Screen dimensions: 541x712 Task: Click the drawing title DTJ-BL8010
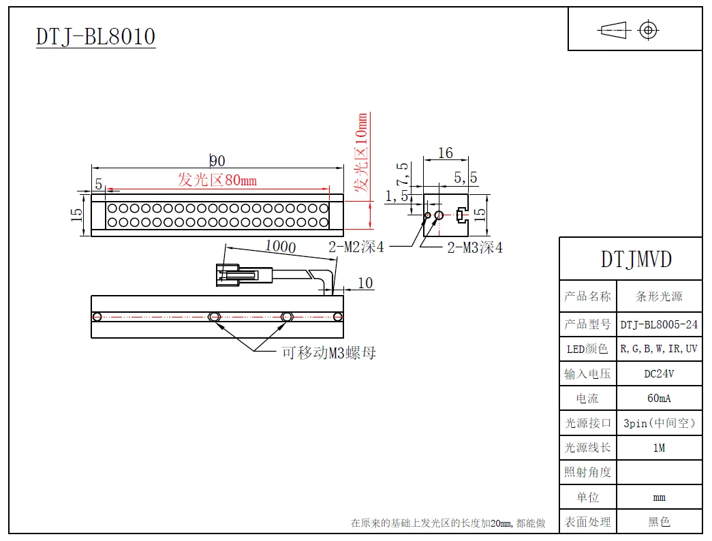[x=96, y=36]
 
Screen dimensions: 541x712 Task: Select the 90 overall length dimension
[x=217, y=161]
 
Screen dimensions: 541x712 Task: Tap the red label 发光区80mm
[x=217, y=181]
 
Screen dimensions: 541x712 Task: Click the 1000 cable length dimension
[x=280, y=246]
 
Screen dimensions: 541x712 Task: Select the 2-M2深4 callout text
[x=356, y=247]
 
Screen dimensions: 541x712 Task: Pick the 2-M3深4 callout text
[x=475, y=248]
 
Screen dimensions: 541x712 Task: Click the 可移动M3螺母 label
[x=329, y=353]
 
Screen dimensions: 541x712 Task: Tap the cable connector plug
[x=238, y=275]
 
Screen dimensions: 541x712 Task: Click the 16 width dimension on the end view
[x=445, y=153]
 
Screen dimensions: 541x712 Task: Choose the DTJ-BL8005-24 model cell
[x=659, y=324]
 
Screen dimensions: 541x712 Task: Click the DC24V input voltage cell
[x=659, y=373]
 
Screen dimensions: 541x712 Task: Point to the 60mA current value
[x=659, y=398]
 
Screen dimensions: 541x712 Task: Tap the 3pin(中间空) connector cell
[x=659, y=423]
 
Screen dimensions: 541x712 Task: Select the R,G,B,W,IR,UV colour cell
[x=659, y=349]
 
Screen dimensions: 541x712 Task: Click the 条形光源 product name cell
[x=659, y=296]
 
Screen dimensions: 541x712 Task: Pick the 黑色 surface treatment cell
[x=659, y=522]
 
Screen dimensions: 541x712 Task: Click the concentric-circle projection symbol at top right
[x=648, y=30]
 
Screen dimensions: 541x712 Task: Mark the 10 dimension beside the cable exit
[x=365, y=283]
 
